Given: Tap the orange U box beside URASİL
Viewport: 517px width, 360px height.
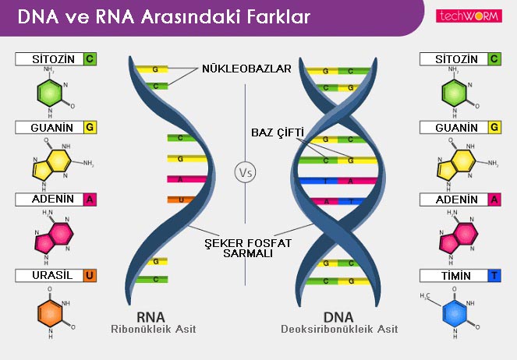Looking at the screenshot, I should point(90,275).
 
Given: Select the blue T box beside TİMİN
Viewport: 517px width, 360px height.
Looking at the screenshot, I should point(495,275).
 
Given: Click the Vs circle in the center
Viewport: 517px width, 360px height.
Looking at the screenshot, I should point(245,171).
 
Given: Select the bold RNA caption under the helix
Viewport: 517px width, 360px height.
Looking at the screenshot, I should point(153,317).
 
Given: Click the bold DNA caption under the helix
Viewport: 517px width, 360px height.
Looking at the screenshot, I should point(338,317).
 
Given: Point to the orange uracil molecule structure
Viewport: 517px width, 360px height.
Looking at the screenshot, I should point(51,312).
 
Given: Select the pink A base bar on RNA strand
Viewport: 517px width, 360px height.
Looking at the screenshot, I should point(184,179).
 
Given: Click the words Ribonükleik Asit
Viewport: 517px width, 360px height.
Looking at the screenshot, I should point(153,330).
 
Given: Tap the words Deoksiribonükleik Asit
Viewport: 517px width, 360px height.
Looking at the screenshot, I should point(339,330).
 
